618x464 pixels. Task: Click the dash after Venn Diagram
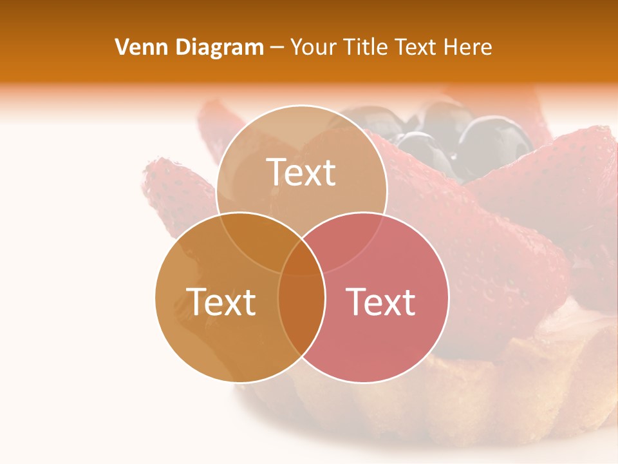tap(277, 48)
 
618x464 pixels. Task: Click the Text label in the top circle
tap(301, 172)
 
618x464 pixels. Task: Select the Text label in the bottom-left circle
tap(221, 301)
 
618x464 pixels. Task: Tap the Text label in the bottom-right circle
tap(380, 301)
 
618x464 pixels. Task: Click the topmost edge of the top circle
tap(301, 106)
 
